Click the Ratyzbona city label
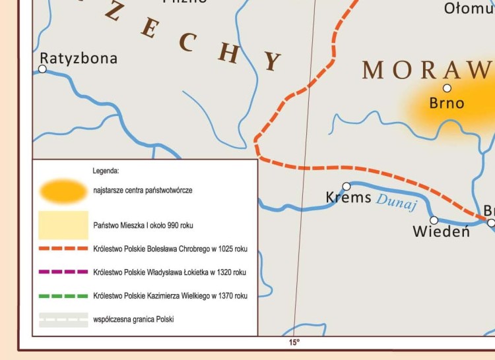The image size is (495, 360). coord(79,58)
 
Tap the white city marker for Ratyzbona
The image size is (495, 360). coord(42,69)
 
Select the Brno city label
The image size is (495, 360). coord(447,103)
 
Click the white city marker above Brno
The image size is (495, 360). coord(447,88)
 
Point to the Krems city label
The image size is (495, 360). coord(348,197)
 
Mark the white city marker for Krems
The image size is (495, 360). coord(346,187)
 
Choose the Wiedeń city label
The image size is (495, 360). coord(441,231)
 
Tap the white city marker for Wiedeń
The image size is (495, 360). coord(434,220)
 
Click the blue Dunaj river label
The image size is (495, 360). coord(397,202)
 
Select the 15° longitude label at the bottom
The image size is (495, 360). coord(294,342)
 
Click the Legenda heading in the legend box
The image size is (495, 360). coord(106,170)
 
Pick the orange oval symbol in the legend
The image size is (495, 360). coord(63,191)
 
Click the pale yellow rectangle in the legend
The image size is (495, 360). coord(63,225)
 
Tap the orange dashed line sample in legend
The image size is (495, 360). coord(63,249)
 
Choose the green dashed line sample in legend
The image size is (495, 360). coord(63,296)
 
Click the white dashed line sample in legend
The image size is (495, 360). coord(63,320)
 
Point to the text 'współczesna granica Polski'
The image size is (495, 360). coord(134,320)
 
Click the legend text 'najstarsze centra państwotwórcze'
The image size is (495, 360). coord(143,190)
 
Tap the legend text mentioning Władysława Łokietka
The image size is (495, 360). coord(170,272)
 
